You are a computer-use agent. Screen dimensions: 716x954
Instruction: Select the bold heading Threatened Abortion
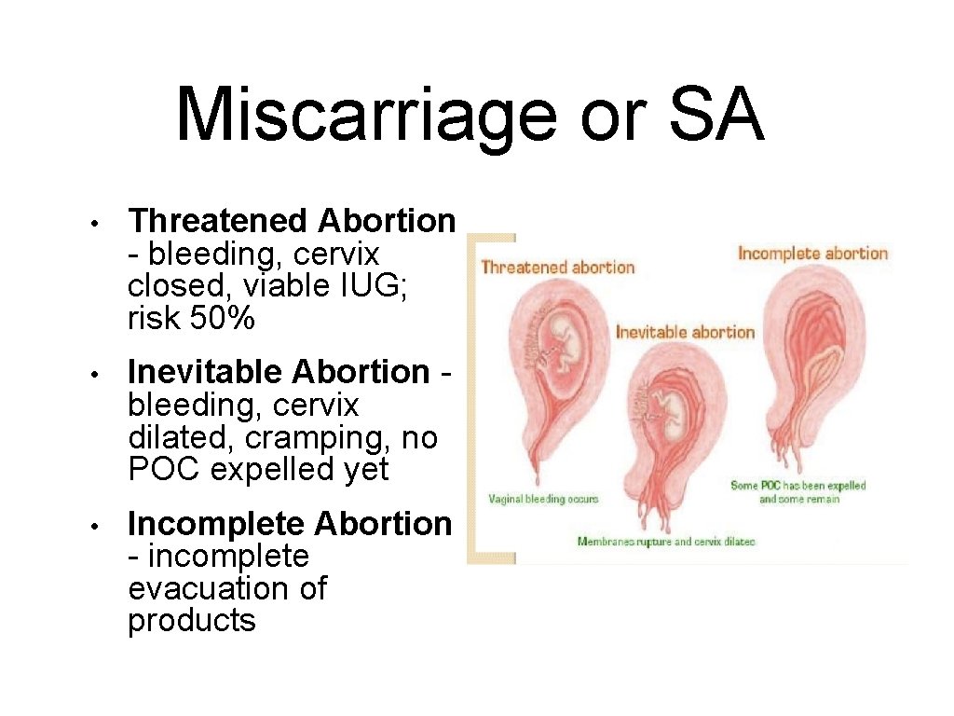pos(292,221)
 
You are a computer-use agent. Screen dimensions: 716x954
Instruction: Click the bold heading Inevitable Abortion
pos(279,372)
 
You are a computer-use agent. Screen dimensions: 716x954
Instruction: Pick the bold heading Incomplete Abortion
pos(290,524)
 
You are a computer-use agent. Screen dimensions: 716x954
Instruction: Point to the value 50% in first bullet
pos(222,319)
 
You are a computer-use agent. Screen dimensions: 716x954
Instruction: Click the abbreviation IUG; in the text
pos(387,286)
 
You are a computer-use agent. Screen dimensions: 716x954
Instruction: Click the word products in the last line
pos(191,621)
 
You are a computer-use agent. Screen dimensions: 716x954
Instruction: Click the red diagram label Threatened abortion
pos(557,268)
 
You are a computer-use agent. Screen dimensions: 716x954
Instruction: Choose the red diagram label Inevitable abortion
pos(685,332)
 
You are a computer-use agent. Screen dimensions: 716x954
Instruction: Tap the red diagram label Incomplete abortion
pos(812,254)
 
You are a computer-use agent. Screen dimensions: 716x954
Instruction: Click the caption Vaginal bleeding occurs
pos(543,499)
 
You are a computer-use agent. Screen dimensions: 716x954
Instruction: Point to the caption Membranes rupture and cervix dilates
pos(665,542)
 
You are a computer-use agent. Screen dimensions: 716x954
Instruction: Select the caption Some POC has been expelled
pos(798,485)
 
